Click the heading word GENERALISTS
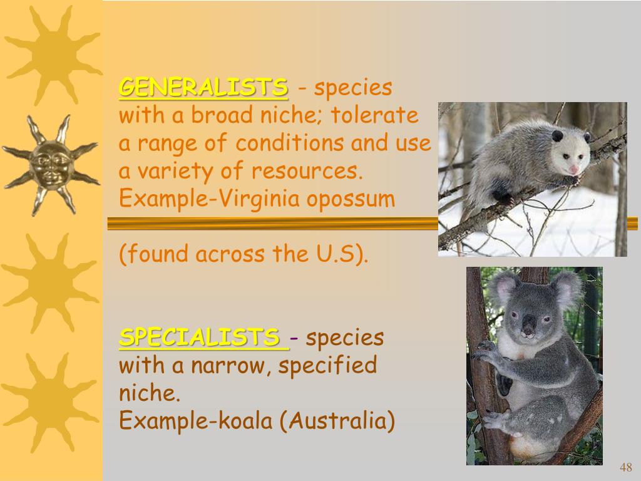(203, 87)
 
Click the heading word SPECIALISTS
(199, 338)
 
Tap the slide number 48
(625, 467)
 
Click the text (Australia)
(337, 421)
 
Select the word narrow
(222, 365)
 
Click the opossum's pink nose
(573, 169)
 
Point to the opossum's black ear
(557, 135)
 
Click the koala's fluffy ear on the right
(567, 288)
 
